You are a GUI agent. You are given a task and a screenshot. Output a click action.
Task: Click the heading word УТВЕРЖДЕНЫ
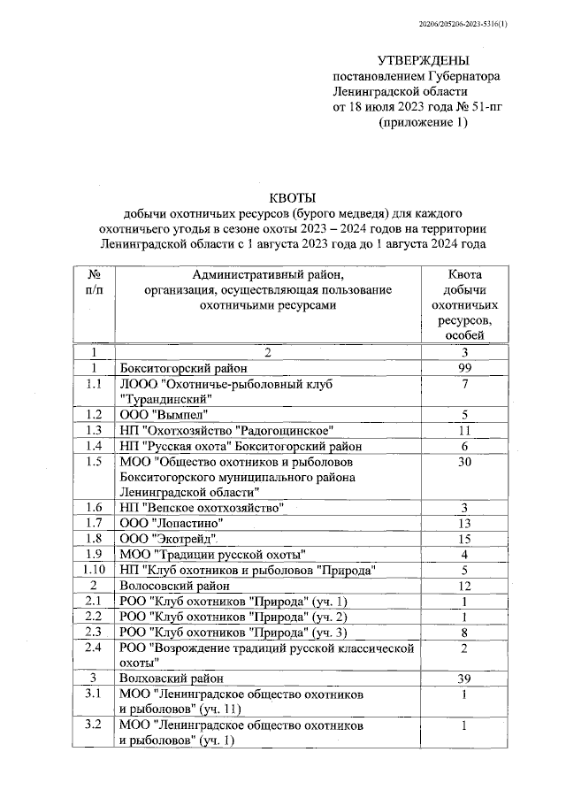tap(422, 60)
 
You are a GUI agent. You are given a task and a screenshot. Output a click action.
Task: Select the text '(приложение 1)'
tap(422, 123)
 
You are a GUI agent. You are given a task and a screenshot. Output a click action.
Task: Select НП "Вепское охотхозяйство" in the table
tap(202, 507)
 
